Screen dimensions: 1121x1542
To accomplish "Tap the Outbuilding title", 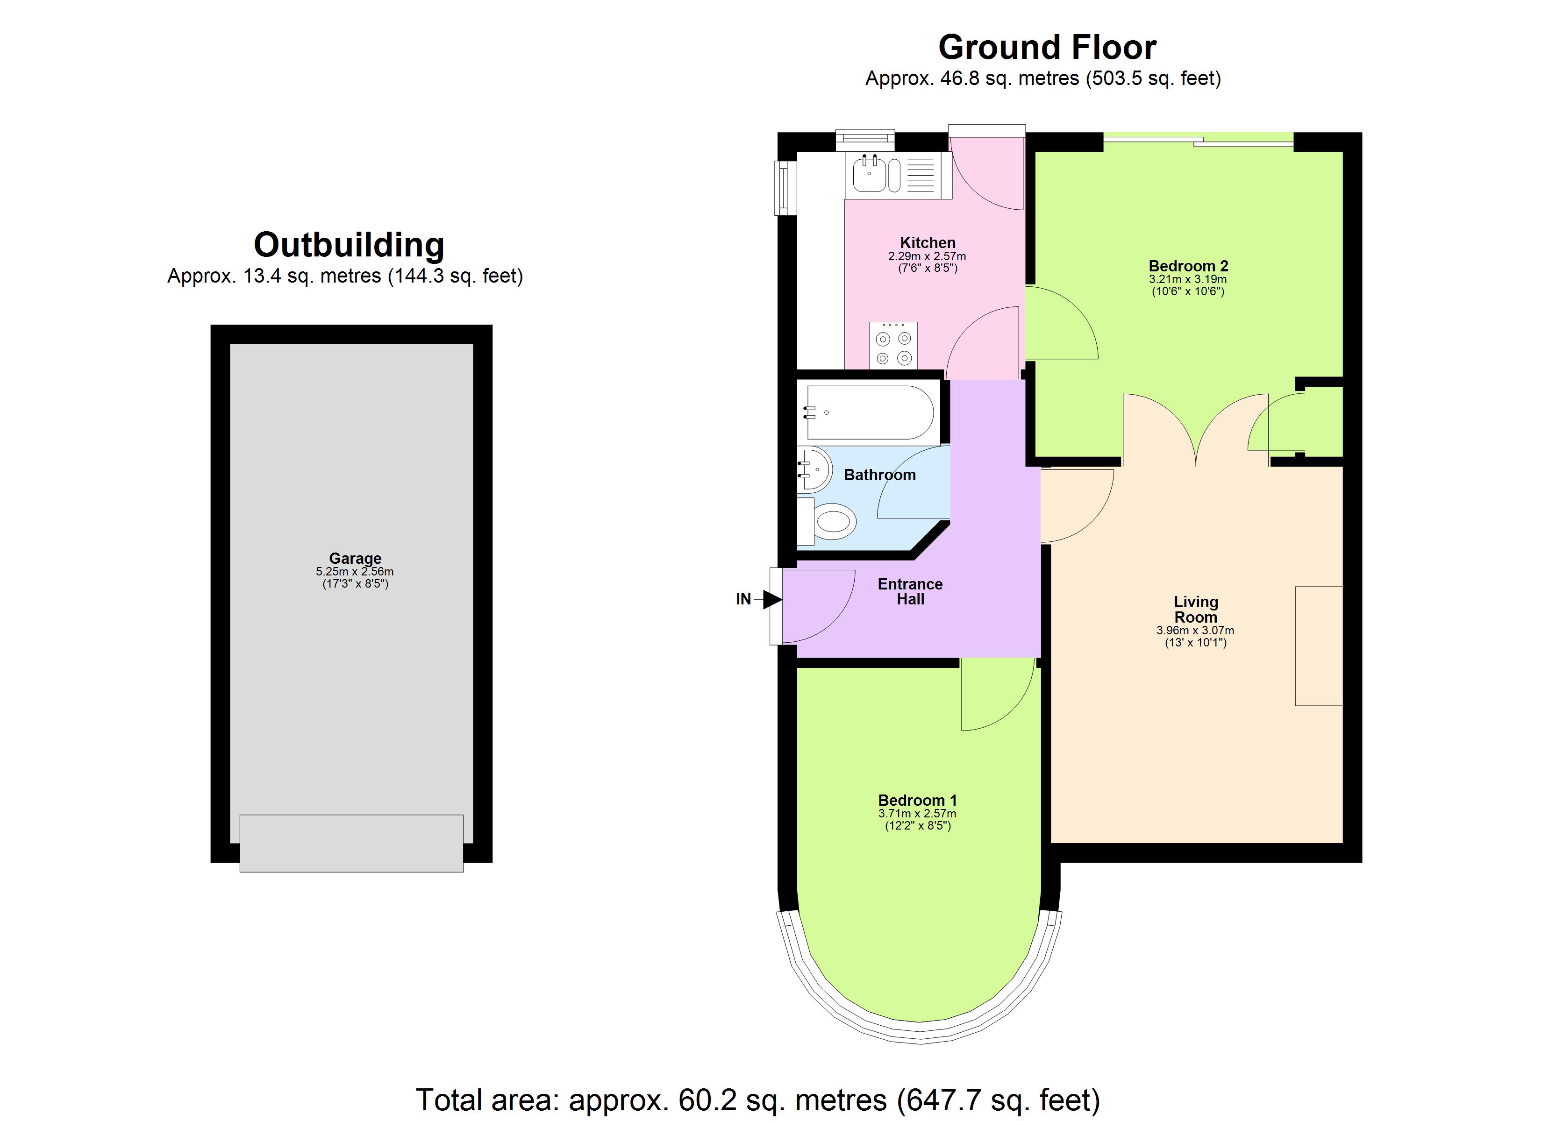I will pos(349,245).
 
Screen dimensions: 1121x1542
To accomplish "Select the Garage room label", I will pos(355,559).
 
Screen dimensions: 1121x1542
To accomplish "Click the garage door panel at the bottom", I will pos(351,843).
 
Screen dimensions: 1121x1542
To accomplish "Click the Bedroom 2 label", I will pos(1188,266).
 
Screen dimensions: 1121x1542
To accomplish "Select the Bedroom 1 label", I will pos(917,800).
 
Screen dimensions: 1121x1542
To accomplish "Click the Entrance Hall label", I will pos(910,591).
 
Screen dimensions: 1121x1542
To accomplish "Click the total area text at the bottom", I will pos(757,1099).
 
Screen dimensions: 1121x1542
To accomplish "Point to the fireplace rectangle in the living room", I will pos(1318,646).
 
